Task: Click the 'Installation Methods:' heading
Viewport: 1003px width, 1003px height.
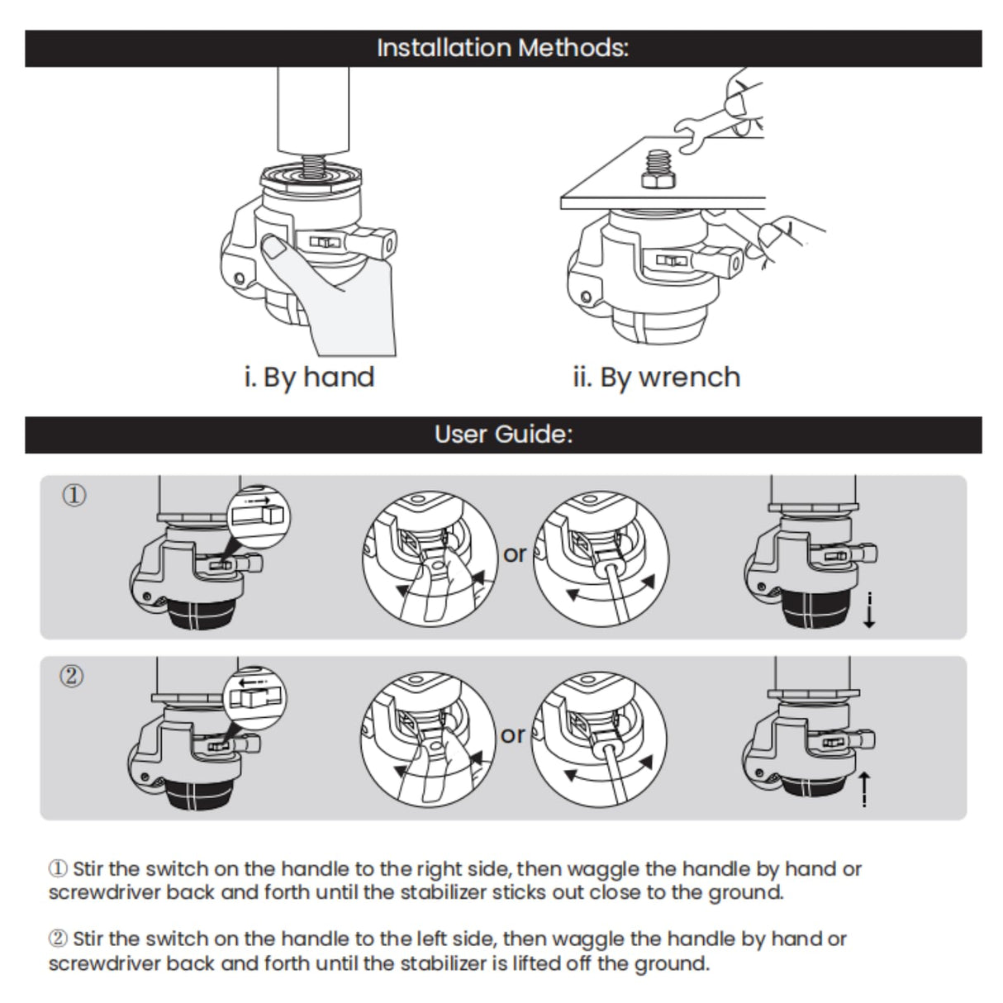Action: coord(502,48)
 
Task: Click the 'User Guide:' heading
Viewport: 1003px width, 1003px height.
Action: coord(502,435)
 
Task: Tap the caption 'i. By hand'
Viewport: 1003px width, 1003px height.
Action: coord(309,377)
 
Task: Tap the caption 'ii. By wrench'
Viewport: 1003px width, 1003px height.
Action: coord(656,377)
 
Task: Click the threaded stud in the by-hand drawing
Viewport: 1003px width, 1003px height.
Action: coord(312,166)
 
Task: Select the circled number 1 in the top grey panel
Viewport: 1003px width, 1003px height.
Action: coord(74,496)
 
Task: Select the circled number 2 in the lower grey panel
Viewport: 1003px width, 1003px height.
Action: coord(73,677)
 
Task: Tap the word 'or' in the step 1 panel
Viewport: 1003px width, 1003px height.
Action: coord(515,554)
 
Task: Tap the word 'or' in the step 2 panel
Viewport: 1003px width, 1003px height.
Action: coord(513,734)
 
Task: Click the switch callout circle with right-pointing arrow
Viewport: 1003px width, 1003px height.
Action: coord(257,514)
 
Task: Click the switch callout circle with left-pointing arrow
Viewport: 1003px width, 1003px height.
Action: coord(256,696)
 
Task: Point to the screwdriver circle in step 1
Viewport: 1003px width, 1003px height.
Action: coord(601,559)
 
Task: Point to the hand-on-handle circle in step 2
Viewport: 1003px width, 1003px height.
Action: coord(428,738)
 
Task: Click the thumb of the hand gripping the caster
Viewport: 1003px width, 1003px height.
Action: coord(276,247)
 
